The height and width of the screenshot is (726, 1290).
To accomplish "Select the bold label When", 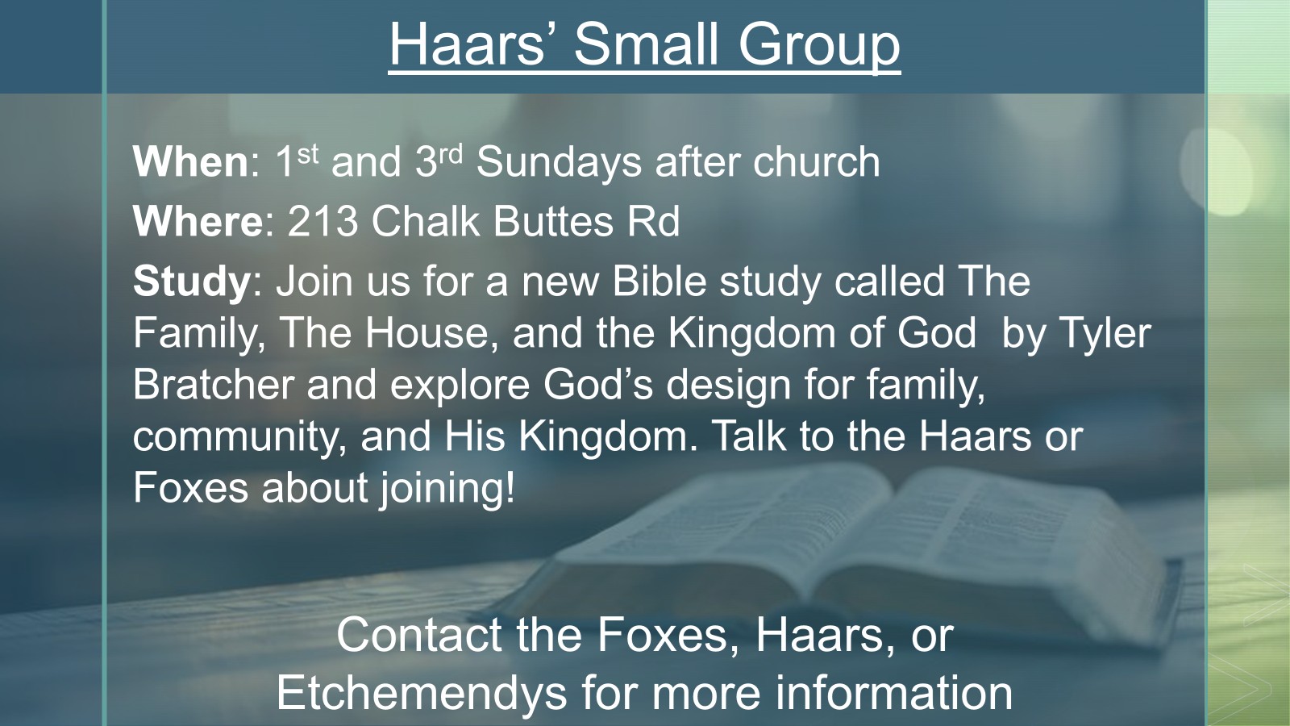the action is [190, 161].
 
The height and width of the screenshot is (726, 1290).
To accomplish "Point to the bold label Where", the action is [198, 221].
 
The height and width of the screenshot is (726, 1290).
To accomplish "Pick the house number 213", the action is [322, 221].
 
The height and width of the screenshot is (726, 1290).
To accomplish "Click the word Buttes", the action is [553, 220].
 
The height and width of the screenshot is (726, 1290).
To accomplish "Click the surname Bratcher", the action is [213, 384].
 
